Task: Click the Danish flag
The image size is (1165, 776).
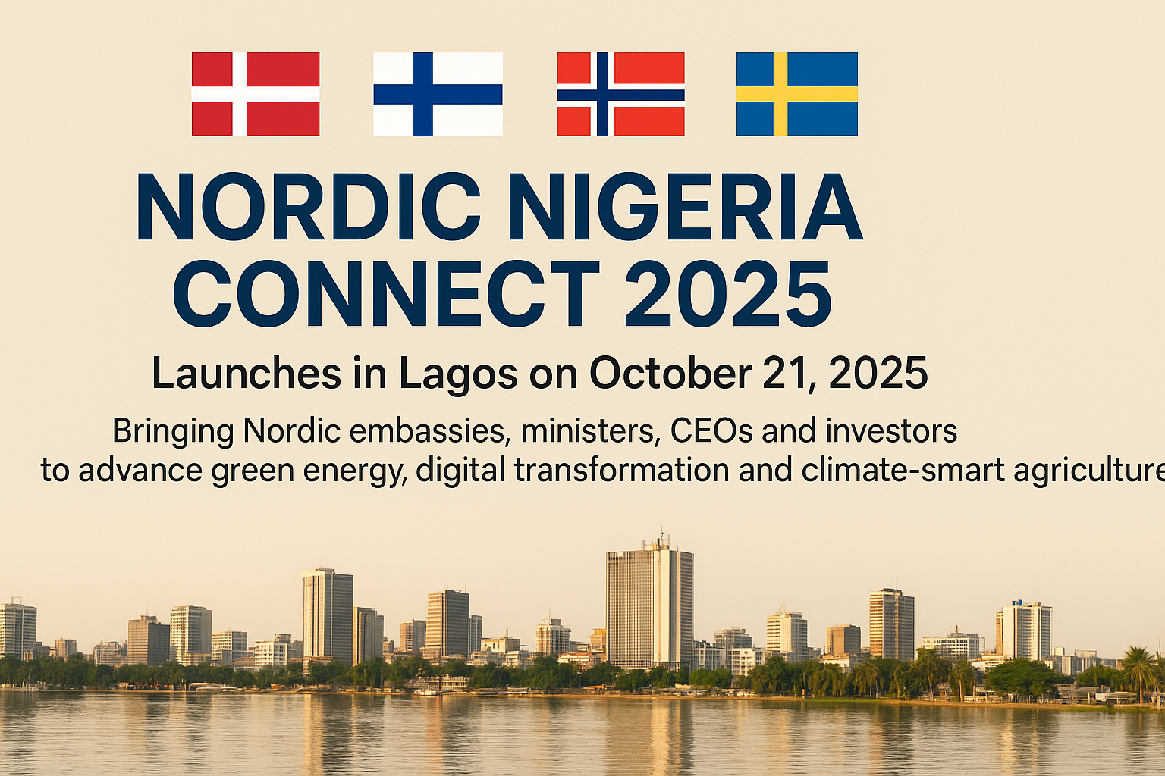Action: (x=255, y=94)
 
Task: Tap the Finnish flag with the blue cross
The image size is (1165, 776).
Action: (x=438, y=94)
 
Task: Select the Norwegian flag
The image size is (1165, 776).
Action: (x=620, y=94)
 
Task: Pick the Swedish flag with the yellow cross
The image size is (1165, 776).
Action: (x=796, y=94)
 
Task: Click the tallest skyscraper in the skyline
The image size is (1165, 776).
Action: (x=649, y=606)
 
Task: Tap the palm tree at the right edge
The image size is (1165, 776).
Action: (x=1139, y=667)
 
